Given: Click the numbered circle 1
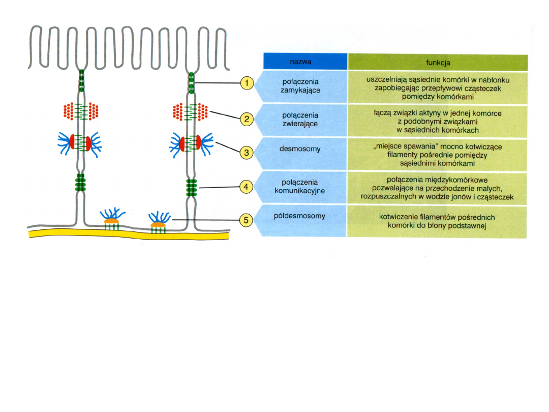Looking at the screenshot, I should [x=247, y=83].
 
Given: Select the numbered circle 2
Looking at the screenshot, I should [x=247, y=120].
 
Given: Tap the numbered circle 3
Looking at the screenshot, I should [x=247, y=152].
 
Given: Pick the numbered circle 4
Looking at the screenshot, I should [x=247, y=187].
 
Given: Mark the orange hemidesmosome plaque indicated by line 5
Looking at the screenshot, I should [x=159, y=224].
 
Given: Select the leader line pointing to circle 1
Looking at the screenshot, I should [x=216, y=83].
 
